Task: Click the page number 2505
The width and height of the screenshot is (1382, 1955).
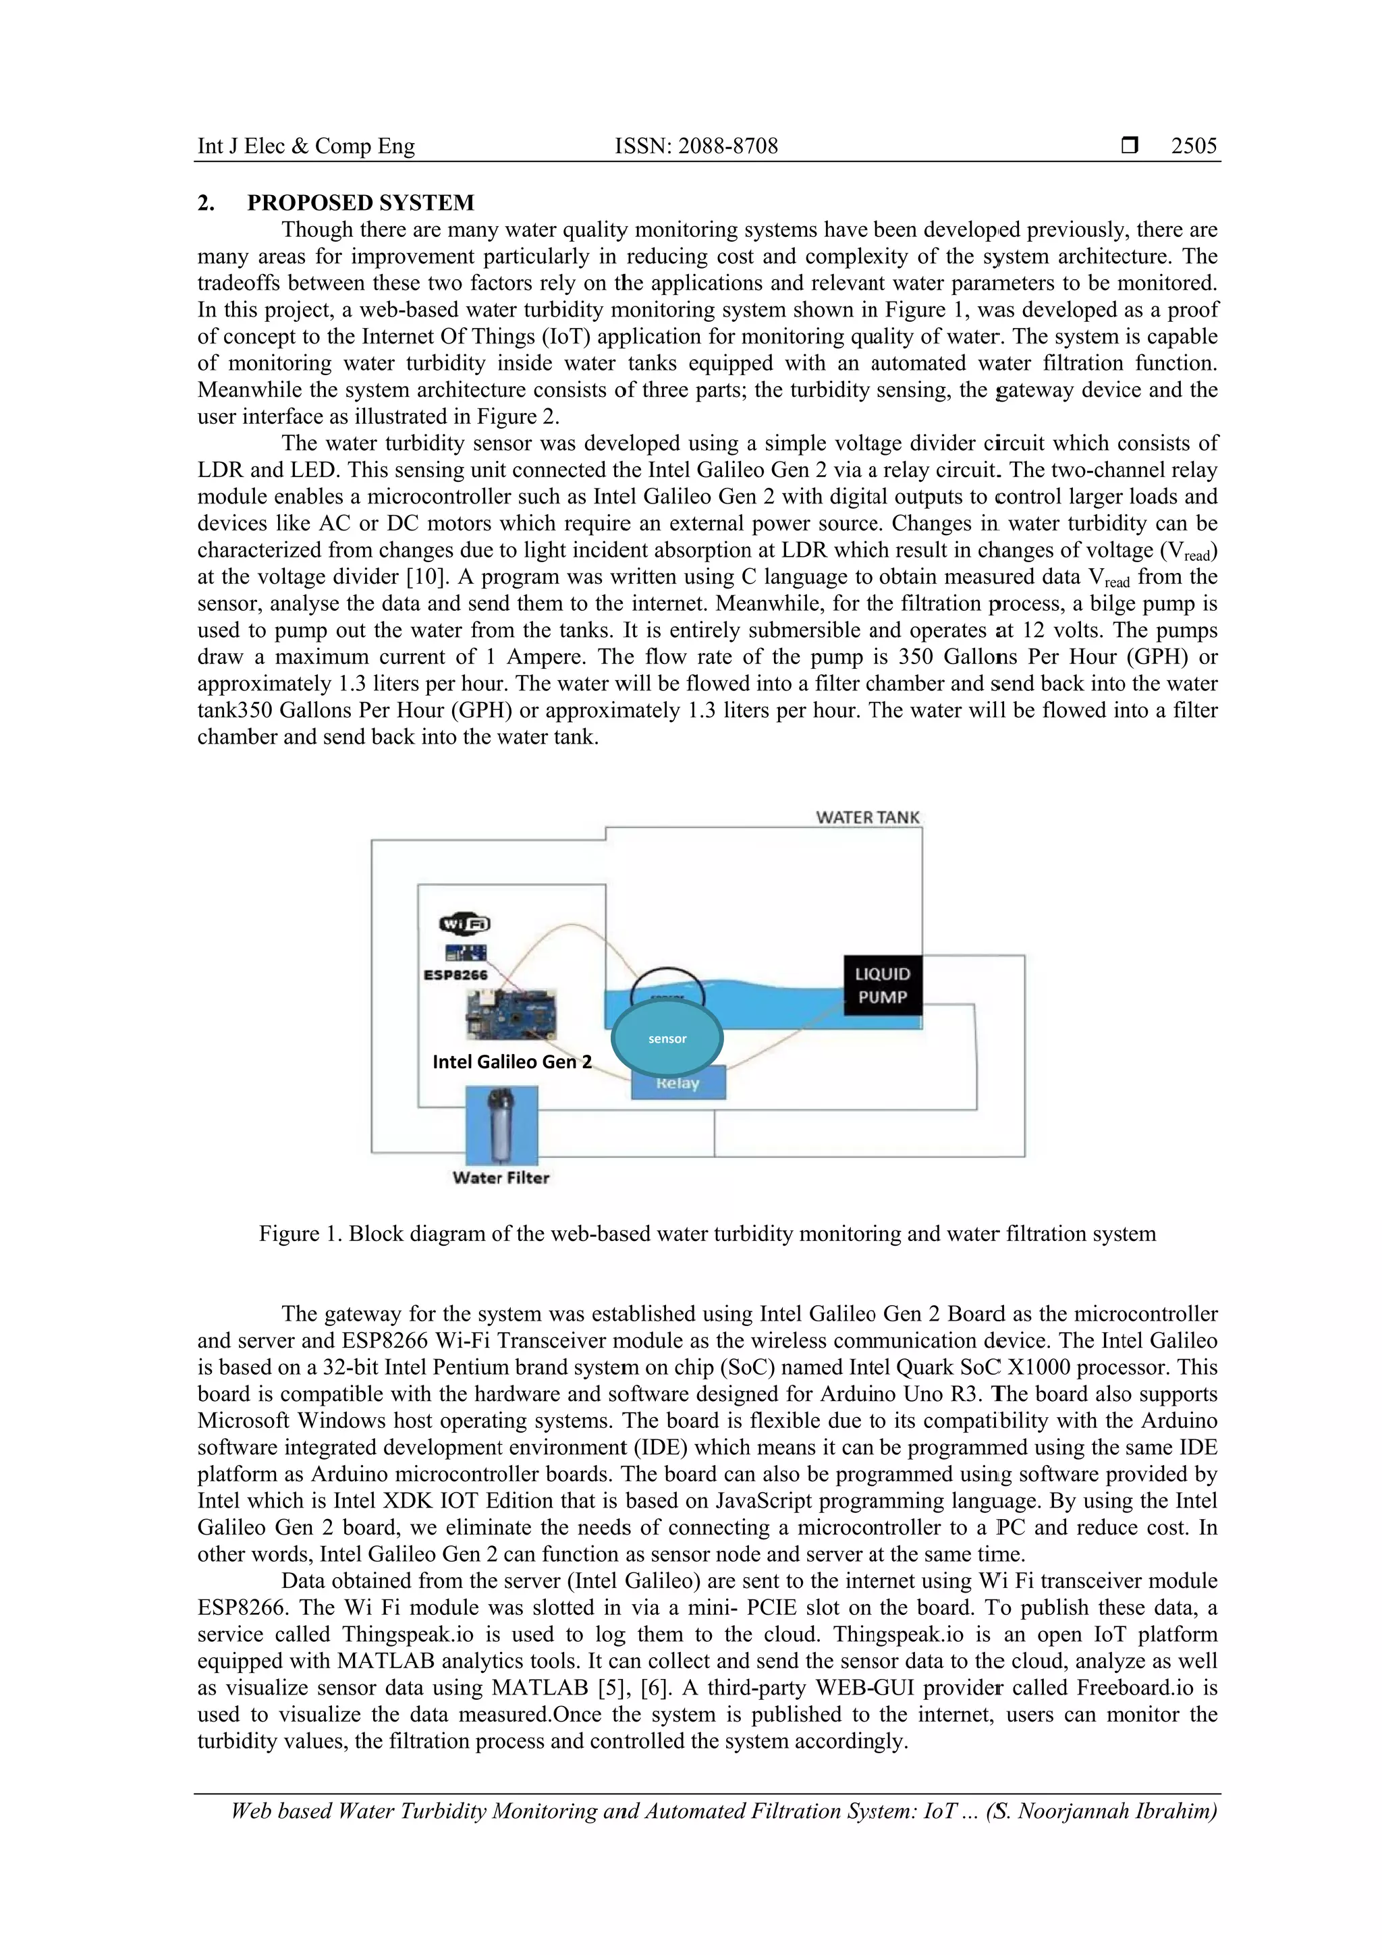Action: tap(1194, 146)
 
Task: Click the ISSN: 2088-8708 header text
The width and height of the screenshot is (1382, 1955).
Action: tap(696, 146)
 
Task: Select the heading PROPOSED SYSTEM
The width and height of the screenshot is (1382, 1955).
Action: tap(360, 202)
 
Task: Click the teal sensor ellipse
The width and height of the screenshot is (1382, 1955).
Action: tap(667, 1039)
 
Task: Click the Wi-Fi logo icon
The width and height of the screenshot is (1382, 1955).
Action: tap(464, 924)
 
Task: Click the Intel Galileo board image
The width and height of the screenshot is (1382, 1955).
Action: tap(511, 1014)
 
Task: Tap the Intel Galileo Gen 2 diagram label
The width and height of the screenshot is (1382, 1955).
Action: tap(512, 1062)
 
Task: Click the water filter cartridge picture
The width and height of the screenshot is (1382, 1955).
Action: tap(501, 1124)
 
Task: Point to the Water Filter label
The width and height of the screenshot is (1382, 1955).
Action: tap(501, 1178)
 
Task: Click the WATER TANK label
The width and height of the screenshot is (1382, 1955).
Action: tap(867, 817)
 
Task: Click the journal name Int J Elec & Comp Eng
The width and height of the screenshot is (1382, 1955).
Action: tap(306, 146)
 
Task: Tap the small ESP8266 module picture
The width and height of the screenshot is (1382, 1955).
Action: tap(466, 953)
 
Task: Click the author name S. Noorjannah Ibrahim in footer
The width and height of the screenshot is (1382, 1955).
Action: tap(1102, 1811)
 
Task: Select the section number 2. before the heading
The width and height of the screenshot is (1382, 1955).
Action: tap(206, 202)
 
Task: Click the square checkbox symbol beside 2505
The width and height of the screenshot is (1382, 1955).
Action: tap(1129, 146)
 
